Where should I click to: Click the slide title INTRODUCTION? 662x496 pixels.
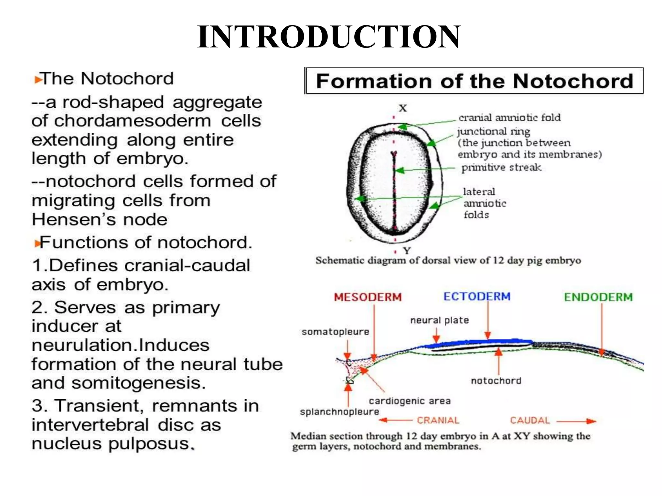(329, 37)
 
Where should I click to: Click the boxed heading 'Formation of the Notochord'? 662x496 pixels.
(474, 81)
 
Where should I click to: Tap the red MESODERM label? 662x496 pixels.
(368, 297)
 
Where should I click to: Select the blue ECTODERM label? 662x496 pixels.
(477, 296)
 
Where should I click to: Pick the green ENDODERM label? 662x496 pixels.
(598, 297)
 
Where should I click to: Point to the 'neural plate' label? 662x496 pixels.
(440, 320)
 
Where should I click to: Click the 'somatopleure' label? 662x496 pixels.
(335, 332)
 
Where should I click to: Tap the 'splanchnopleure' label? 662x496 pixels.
(339, 412)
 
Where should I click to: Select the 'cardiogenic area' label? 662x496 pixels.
(410, 401)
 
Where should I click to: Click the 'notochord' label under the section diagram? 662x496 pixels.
(496, 381)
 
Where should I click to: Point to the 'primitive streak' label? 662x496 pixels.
(501, 167)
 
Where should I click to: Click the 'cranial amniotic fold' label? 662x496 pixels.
(509, 118)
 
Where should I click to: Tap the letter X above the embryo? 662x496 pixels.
(402, 108)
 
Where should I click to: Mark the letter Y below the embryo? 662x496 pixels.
(407, 251)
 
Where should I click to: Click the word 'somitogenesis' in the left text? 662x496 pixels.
(138, 383)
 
